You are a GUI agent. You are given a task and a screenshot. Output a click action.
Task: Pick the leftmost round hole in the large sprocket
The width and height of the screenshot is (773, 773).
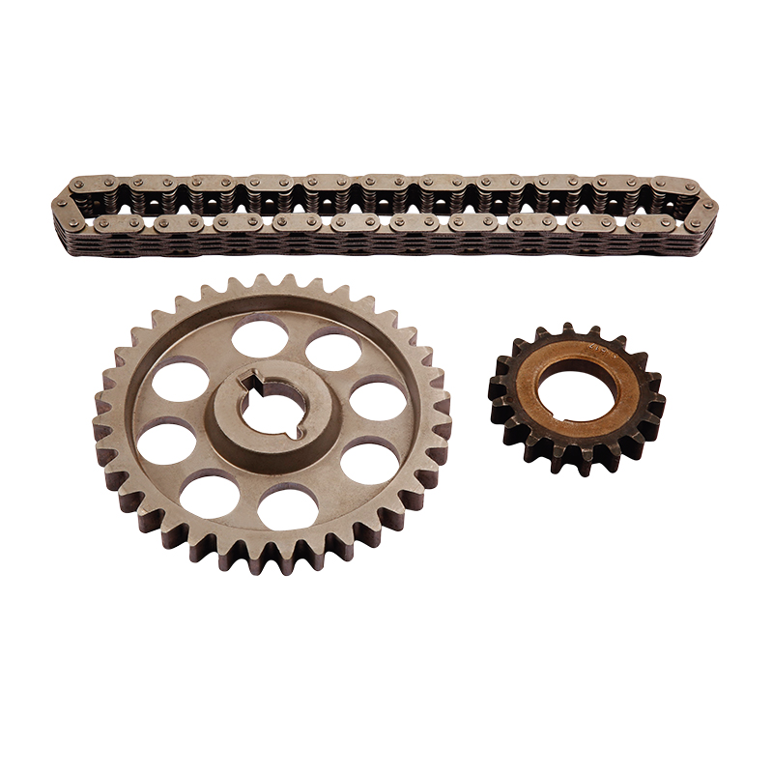point(165,443)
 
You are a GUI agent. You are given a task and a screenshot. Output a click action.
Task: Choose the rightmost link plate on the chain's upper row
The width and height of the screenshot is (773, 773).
point(674,184)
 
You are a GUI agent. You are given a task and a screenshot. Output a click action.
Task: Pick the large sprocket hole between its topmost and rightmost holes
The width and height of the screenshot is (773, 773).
point(333,351)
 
